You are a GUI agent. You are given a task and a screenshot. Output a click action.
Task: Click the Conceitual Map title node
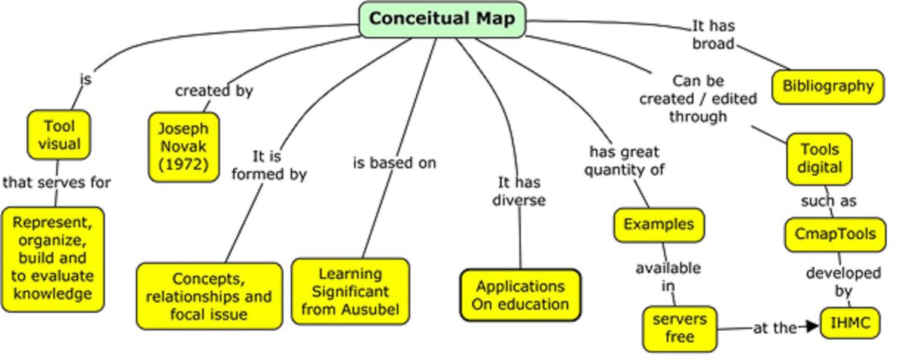(442, 19)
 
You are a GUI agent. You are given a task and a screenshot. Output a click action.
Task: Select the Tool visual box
(59, 135)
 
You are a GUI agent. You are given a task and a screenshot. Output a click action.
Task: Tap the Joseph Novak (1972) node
(184, 147)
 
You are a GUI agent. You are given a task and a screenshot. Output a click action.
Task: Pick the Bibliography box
(828, 87)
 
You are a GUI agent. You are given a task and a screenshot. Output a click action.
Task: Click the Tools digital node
(819, 158)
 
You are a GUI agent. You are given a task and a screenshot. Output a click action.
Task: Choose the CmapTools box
(835, 234)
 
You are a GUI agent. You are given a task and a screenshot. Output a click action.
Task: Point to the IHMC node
(850, 324)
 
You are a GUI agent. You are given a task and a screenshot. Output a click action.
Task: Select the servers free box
(680, 328)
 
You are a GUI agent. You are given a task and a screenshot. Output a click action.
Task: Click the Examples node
(659, 224)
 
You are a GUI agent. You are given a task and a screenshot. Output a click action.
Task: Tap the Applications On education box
(520, 295)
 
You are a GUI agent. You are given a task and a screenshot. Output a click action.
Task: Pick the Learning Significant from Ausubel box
(350, 291)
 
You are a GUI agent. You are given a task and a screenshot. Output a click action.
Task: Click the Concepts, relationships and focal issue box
(209, 296)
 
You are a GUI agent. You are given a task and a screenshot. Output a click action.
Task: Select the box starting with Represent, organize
(53, 258)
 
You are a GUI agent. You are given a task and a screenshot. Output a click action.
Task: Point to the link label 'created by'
(214, 91)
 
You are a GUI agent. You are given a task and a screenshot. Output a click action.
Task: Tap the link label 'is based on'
(394, 163)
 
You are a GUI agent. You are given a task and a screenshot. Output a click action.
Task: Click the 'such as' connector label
(828, 202)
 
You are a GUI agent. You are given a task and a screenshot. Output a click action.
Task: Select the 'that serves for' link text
(57, 182)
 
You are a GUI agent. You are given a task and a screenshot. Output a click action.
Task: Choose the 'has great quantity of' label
(624, 161)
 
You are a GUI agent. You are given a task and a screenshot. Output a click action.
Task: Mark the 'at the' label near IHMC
(774, 328)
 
